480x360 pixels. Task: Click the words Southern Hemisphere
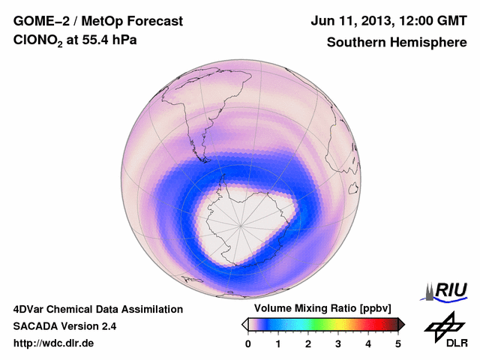[397, 43]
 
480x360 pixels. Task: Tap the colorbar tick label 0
[248, 343]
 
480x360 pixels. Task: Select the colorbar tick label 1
[278, 343]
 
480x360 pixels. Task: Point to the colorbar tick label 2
[308, 343]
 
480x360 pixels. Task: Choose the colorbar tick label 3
[338, 343]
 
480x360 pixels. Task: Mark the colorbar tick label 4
[368, 343]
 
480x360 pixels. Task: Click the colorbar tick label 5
[398, 343]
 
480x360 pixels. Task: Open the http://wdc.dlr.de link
[54, 343]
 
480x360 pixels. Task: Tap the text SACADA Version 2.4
[64, 326]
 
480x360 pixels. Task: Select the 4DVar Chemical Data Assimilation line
[97, 309]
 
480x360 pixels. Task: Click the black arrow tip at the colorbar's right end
[401, 324]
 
